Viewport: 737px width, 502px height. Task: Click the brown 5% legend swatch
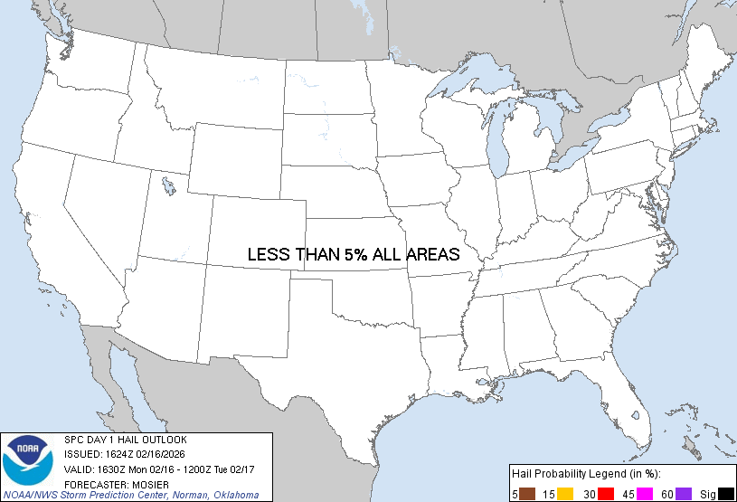click(x=528, y=493)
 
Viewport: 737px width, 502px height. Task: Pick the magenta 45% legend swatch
click(x=646, y=493)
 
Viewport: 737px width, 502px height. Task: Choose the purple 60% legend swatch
click(x=684, y=493)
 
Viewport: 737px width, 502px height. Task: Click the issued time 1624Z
click(x=117, y=454)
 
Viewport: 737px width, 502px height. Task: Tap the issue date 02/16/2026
click(x=164, y=454)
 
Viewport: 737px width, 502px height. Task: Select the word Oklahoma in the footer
click(x=234, y=495)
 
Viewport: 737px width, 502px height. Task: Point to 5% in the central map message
click(x=355, y=255)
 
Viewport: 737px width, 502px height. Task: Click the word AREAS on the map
click(x=431, y=255)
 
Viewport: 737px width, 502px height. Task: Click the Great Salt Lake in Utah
click(x=169, y=187)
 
